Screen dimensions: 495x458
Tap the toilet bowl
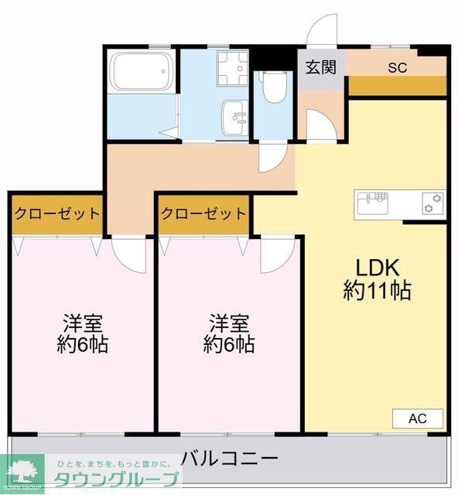[272, 87]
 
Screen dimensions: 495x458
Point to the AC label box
[418, 418]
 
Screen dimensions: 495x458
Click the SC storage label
[397, 67]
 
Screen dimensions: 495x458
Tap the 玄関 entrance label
[320, 67]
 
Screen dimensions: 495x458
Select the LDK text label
[377, 268]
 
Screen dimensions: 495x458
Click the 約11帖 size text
[377, 291]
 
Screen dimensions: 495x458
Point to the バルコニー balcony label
[230, 459]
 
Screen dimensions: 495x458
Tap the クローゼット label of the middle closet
[204, 213]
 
